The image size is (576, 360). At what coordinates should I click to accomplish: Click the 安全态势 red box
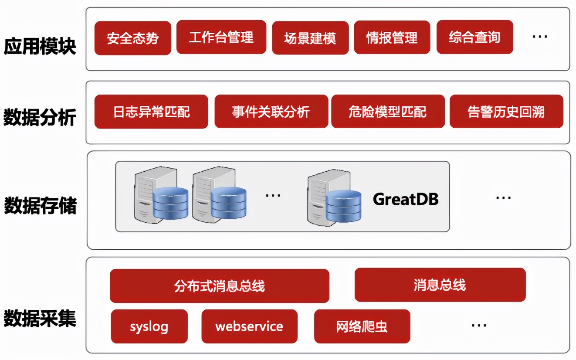coord(132,38)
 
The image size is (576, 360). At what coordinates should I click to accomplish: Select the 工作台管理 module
coord(221,37)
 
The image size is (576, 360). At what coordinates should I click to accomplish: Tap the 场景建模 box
coord(310,38)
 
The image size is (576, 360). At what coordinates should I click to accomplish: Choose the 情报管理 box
coord(392,38)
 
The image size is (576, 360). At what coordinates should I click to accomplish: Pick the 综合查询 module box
coord(474,37)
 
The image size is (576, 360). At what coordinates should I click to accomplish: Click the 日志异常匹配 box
coord(151,112)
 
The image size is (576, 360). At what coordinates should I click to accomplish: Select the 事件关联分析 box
coord(271,112)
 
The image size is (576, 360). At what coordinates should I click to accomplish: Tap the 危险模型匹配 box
coord(388,112)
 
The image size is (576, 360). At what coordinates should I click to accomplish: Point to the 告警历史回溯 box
coord(506,112)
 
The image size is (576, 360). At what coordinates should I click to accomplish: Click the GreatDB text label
coord(405,199)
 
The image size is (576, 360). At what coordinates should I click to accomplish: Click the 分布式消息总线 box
coord(219,286)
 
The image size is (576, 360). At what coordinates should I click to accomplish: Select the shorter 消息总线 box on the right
coord(440,285)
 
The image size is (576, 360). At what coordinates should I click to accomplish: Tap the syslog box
coord(149,326)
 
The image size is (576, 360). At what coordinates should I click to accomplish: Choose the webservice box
coord(249,326)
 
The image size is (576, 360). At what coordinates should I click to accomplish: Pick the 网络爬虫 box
coord(362,326)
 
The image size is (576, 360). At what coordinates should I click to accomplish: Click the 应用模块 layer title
coord(40,47)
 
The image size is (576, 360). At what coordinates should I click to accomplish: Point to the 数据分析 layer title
coord(40,118)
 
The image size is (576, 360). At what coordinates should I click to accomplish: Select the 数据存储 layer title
coord(40,206)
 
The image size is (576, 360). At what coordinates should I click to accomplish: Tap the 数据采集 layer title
coord(40,319)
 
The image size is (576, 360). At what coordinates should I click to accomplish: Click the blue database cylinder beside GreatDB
coord(343,207)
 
